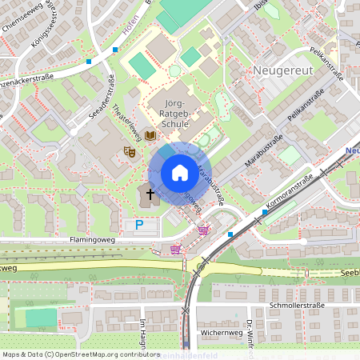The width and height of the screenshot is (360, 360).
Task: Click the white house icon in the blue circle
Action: pyautogui.click(x=179, y=173)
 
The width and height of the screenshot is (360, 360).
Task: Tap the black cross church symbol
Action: pyautogui.click(x=150, y=194)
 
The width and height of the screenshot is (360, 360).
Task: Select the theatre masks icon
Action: pyautogui.click(x=128, y=150)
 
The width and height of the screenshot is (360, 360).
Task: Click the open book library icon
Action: pyautogui.click(x=150, y=137)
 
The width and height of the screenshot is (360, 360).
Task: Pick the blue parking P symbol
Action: pyautogui.click(x=138, y=226)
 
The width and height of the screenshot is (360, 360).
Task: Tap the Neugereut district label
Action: pyautogui.click(x=286, y=70)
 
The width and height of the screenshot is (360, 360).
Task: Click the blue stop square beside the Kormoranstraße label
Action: pyautogui.click(x=264, y=213)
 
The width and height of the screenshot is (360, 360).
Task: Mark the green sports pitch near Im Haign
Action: pyautogui.click(x=41, y=318)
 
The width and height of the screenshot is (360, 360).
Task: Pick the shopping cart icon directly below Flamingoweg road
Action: pyautogui.click(x=175, y=249)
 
